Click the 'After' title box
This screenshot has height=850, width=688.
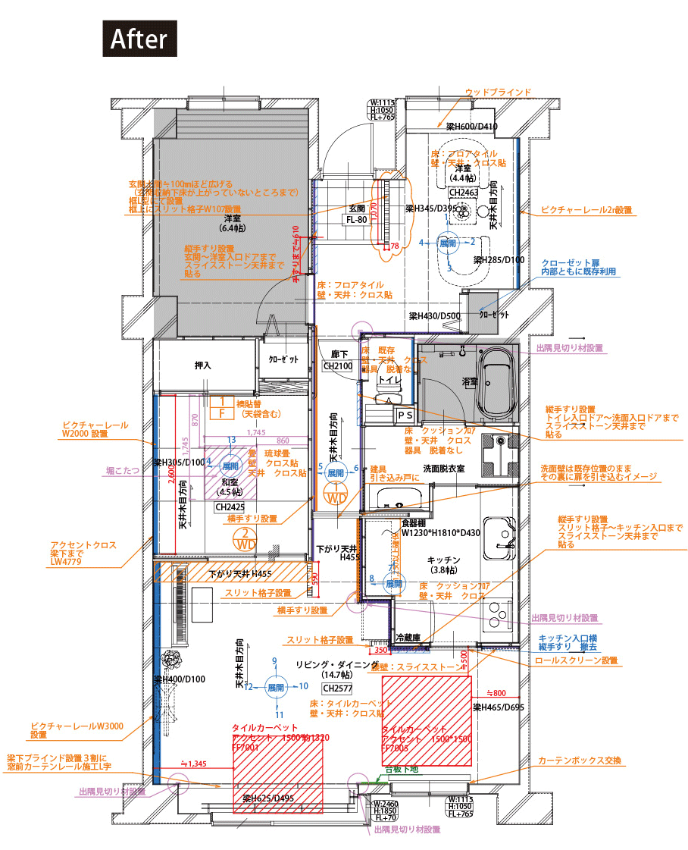tap(139, 39)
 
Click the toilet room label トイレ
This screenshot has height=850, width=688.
tap(389, 378)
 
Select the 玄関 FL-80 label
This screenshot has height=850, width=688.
tap(356, 213)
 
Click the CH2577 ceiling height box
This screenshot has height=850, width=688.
tap(336, 688)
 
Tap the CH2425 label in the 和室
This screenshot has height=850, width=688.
tap(230, 507)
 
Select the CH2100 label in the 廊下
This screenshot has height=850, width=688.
tap(338, 365)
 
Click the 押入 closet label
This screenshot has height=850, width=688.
tap(203, 365)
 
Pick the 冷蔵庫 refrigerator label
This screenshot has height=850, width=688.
tap(408, 638)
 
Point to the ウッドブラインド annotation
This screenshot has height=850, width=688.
tap(497, 92)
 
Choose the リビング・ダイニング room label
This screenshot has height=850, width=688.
tap(336, 664)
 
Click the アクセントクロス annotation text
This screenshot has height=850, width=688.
tap(83, 545)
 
